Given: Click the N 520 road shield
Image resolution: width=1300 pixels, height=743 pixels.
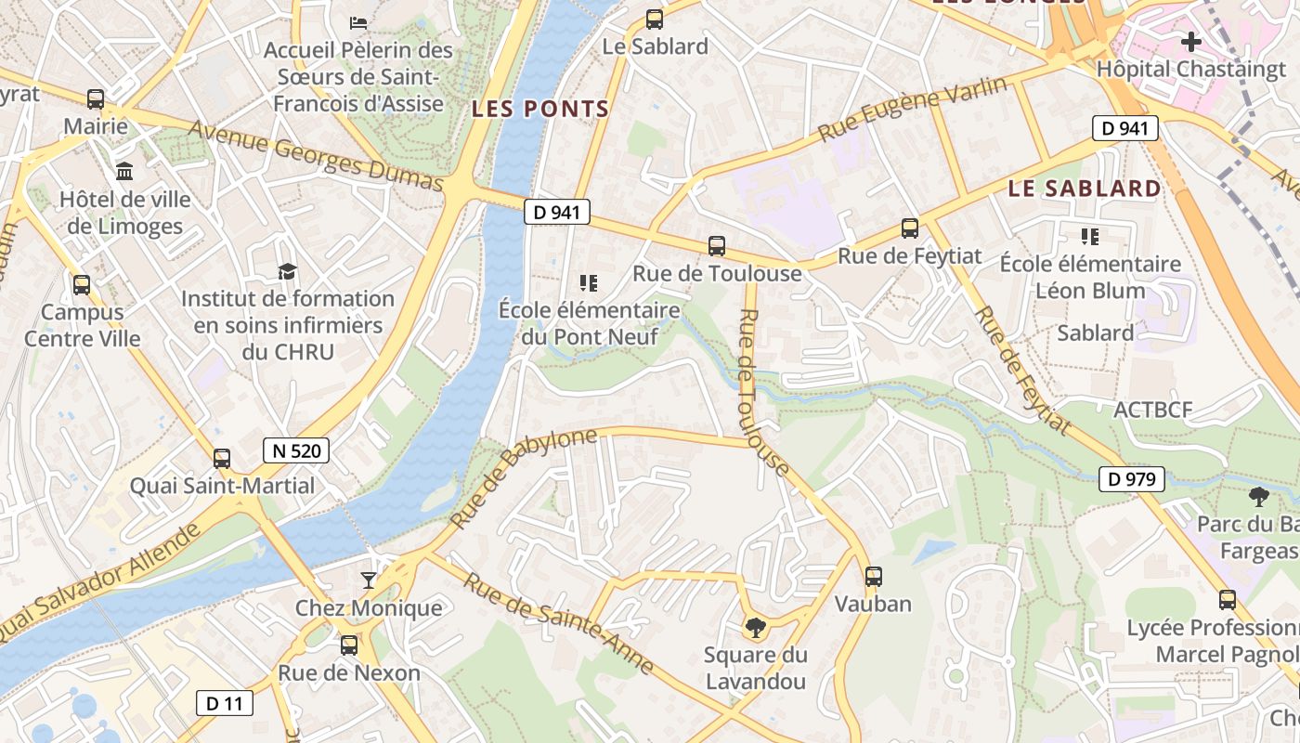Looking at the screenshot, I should pos(296,451).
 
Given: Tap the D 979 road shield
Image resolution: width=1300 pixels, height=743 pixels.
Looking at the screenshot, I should pos(1131,479).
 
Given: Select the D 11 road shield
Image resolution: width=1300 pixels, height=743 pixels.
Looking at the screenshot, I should pos(224,703).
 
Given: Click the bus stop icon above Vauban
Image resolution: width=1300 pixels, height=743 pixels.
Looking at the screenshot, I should pos(873,576).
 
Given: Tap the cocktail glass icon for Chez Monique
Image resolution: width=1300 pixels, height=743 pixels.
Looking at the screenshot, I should pos(369,580).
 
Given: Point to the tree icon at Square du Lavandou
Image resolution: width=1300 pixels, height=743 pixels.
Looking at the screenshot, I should pos(756,628).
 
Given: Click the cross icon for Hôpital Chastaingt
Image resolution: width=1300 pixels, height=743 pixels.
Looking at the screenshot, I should pos(1190,41).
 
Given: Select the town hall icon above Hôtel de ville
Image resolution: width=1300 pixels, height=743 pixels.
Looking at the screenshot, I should pos(124,171).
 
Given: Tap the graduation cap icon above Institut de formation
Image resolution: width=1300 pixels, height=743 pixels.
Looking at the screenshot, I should pos(288,271).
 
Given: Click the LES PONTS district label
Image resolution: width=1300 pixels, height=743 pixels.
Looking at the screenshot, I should pos(540,109).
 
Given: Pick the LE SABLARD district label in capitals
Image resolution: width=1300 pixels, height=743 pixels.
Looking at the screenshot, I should pos(1085,189).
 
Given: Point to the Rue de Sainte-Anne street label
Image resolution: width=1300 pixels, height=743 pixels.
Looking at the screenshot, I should pos(559,623).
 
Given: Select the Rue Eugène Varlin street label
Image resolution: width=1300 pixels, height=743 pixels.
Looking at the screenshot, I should pos(912,110).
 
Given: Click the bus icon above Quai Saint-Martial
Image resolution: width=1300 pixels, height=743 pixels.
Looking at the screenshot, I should pos(221,458).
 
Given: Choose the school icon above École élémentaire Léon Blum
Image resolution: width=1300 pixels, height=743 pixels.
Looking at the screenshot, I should pos(1089,237).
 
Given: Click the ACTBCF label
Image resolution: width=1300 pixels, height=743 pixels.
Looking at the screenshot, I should pos(1152,410).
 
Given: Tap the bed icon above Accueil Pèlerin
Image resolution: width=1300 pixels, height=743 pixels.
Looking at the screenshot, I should pos(358,21).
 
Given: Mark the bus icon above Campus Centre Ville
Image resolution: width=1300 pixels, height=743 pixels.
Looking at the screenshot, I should pos(82,285).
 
